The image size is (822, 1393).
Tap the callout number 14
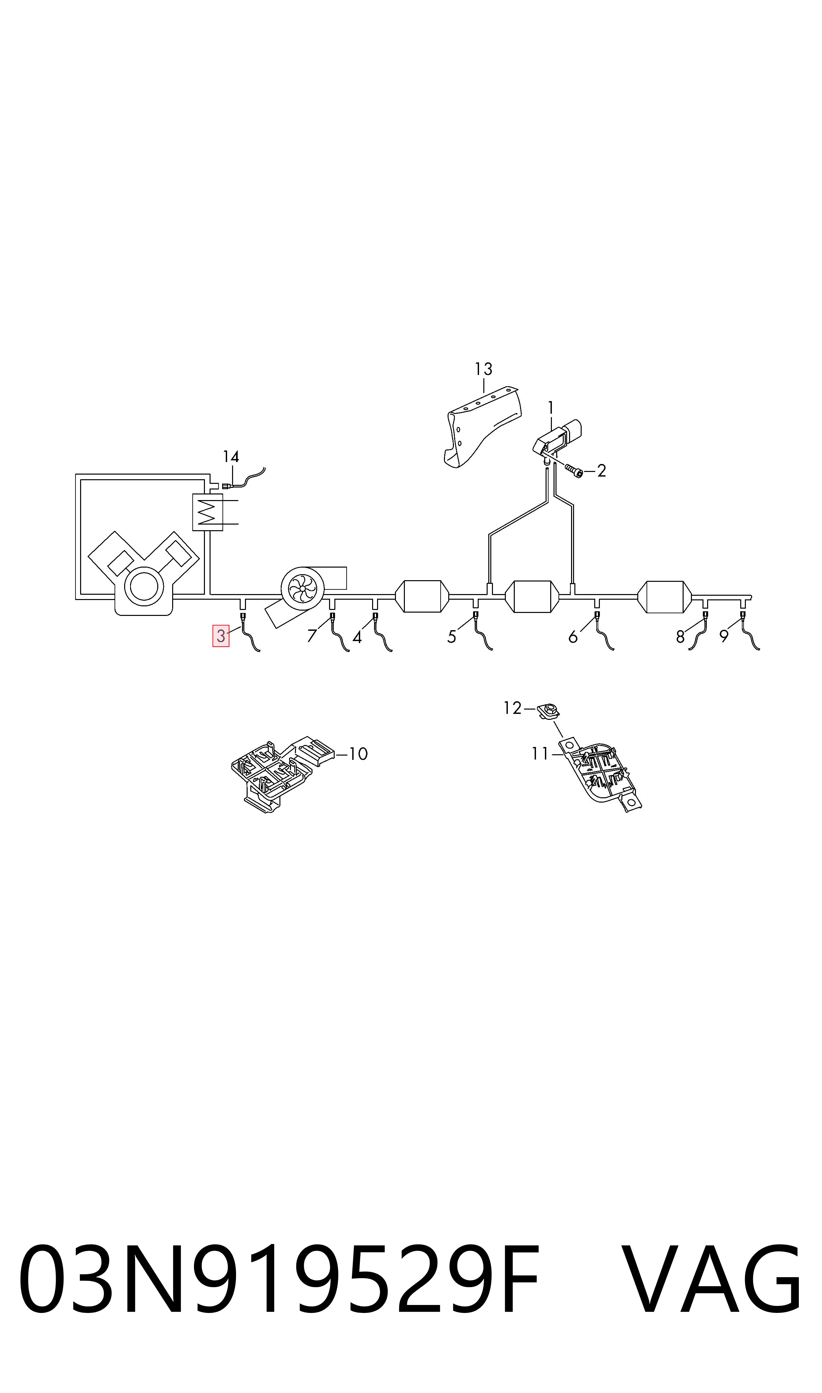[x=231, y=457]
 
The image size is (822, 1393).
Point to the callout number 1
[x=551, y=408]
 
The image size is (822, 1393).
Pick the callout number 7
[x=312, y=636]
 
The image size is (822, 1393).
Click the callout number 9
[x=724, y=637]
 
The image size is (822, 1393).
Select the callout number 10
[x=359, y=754]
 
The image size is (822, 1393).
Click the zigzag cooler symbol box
[x=207, y=512]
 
